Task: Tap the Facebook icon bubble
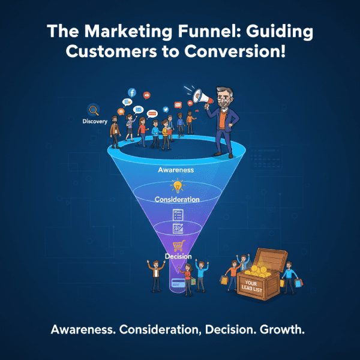tap(132, 93)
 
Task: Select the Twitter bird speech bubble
tap(164, 112)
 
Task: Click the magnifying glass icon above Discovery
tap(94, 110)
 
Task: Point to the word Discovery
tap(95, 122)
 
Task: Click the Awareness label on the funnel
tap(176, 170)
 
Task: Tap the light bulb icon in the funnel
tap(176, 185)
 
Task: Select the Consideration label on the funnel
tap(177, 199)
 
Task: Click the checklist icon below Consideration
tap(178, 214)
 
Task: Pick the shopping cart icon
tap(178, 246)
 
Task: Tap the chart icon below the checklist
tap(178, 229)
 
